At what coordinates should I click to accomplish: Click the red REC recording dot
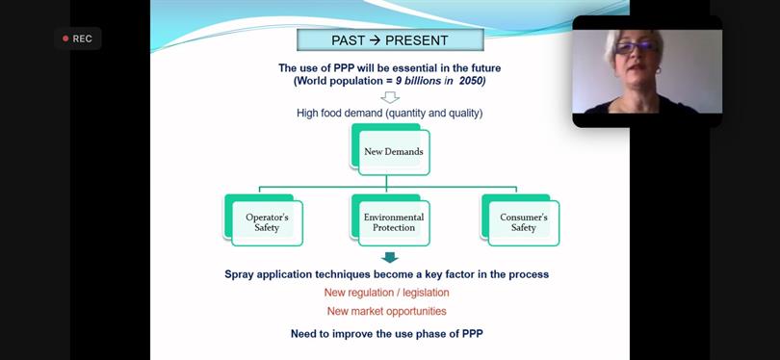click(65, 39)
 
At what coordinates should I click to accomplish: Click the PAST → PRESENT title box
click(390, 39)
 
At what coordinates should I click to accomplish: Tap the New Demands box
click(391, 149)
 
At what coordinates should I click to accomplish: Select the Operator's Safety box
click(264, 219)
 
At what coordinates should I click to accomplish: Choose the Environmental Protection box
click(391, 219)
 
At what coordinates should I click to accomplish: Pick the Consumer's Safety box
click(520, 219)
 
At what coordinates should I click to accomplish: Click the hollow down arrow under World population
click(390, 97)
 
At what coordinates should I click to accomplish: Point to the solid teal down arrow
click(390, 258)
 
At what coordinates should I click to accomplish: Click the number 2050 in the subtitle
click(472, 81)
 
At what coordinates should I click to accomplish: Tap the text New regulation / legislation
click(386, 293)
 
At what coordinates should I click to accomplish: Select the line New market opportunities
click(386, 311)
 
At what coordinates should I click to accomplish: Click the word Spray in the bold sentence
click(239, 274)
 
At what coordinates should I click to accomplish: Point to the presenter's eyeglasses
click(635, 47)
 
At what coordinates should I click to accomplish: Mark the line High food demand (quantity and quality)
click(389, 114)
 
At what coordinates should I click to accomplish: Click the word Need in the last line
click(303, 334)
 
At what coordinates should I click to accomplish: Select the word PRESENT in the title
click(417, 40)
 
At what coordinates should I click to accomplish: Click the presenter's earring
click(658, 70)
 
